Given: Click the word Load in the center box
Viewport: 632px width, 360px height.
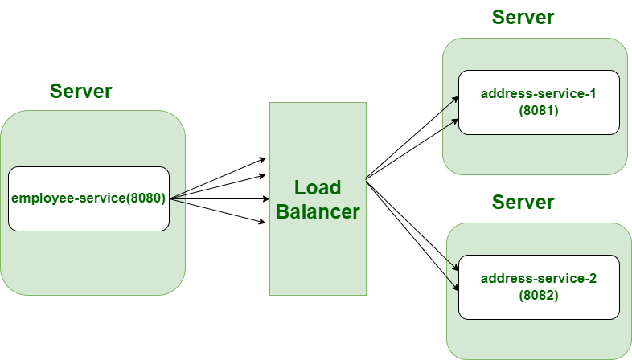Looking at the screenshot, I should click(x=318, y=187).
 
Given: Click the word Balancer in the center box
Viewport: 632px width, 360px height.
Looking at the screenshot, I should click(x=318, y=212).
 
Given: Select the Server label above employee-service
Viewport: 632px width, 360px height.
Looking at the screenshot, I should click(x=81, y=91).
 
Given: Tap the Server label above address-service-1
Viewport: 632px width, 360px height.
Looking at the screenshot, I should click(x=523, y=17).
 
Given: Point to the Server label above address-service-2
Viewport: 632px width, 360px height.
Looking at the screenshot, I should click(x=523, y=202).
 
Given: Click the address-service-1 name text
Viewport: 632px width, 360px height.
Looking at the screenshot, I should click(x=538, y=94).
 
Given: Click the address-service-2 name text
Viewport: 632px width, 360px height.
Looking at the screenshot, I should click(x=538, y=279).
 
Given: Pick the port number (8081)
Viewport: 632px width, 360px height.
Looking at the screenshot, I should click(x=538, y=111).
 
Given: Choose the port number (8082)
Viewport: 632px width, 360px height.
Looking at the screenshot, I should click(x=538, y=296).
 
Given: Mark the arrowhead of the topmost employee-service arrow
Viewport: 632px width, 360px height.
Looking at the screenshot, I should click(x=263, y=159).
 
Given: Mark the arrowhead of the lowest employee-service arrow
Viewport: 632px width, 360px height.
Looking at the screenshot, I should click(x=263, y=223).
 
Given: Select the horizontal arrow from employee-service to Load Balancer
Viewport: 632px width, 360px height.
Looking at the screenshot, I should click(x=217, y=198).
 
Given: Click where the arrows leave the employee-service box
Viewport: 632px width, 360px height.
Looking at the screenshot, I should click(x=170, y=198).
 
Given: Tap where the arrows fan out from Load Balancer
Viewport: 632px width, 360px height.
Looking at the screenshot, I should click(x=367, y=179).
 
